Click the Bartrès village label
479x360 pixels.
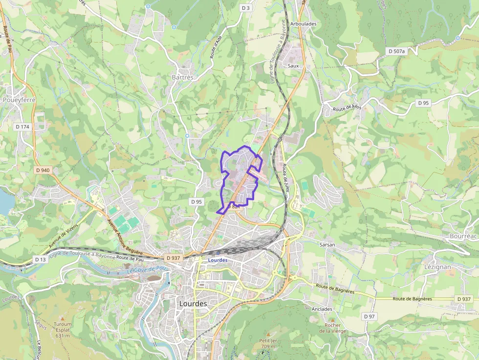coord(183,77)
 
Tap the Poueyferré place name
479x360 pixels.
coord(19,100)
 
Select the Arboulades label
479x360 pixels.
coord(303,23)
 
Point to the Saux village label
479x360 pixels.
coord(293,65)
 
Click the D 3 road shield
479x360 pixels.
coord(245,8)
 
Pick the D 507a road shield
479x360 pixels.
coord(396,51)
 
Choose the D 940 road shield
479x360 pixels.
coord(43,170)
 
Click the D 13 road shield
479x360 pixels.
coord(40,259)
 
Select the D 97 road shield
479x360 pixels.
coord(370,317)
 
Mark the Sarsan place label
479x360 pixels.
coord(327,244)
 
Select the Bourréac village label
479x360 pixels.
coord(462,236)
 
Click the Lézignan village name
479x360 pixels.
coord(437,267)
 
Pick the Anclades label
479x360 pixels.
coord(322,309)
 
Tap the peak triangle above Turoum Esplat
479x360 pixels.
coord(62,318)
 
